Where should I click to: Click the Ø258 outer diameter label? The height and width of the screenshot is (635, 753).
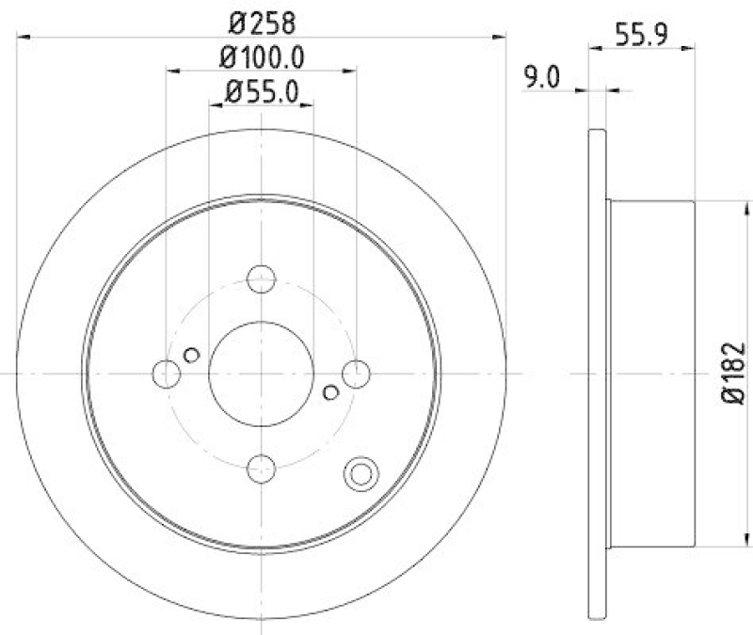[261, 19]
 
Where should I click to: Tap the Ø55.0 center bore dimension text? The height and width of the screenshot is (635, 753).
[261, 91]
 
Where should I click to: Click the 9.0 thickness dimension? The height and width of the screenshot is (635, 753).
[541, 78]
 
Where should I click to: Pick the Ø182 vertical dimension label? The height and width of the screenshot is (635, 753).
[733, 373]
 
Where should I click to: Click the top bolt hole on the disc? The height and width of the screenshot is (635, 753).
[261, 278]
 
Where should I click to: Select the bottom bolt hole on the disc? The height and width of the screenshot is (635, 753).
[261, 468]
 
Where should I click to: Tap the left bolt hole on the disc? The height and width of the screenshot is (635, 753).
[166, 373]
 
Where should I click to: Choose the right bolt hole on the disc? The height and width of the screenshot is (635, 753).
[356, 373]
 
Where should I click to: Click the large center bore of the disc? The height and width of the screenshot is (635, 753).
[261, 373]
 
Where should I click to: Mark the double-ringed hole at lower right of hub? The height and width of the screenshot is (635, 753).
[360, 474]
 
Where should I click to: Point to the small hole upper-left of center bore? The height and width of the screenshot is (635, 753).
[192, 355]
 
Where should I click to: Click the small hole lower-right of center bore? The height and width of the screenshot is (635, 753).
[329, 391]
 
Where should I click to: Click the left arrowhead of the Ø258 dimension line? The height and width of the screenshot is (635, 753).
[21, 37]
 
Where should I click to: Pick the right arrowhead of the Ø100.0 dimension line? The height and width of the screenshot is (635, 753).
[352, 70]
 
